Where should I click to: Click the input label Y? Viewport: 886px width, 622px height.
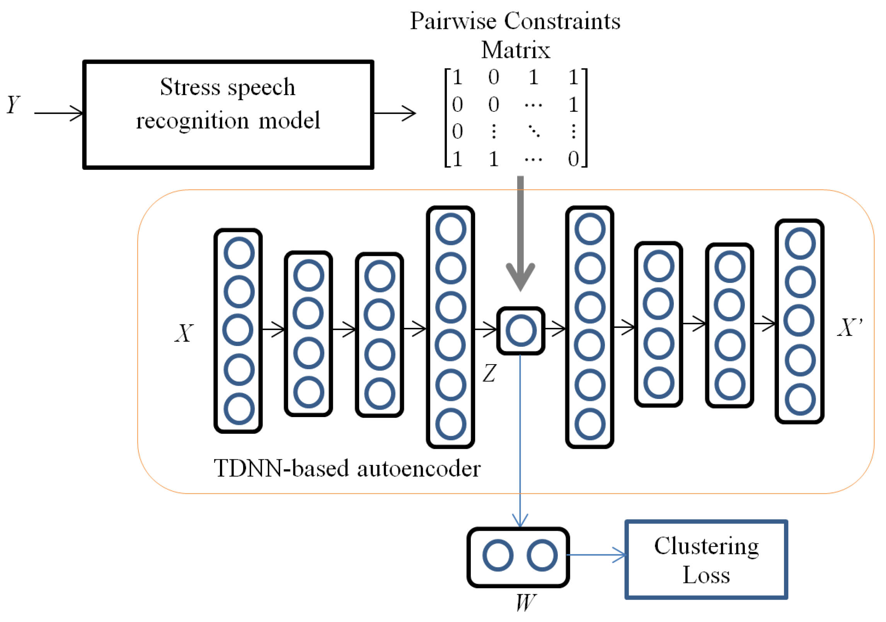14,105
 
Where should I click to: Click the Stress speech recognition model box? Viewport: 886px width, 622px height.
228,114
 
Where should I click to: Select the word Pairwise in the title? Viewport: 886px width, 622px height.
453,21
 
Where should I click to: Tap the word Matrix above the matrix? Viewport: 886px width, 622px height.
515,50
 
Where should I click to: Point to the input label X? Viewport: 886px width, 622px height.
184,333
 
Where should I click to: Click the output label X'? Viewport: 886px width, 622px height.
849,328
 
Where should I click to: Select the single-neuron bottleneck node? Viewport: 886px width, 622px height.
521,331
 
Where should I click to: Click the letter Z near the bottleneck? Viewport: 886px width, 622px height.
489,373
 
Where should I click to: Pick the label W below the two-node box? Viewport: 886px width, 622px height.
526,602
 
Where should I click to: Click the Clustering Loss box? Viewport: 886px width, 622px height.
706,559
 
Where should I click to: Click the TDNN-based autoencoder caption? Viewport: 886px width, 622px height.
347,469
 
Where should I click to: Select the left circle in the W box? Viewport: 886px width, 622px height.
498,556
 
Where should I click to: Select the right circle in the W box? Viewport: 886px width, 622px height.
542,556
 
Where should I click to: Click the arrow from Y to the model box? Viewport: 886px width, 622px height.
58,113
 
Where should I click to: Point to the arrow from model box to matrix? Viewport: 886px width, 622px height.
394,113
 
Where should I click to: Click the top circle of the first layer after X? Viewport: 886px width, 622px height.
239,253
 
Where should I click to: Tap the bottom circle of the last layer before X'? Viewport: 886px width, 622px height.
800,400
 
